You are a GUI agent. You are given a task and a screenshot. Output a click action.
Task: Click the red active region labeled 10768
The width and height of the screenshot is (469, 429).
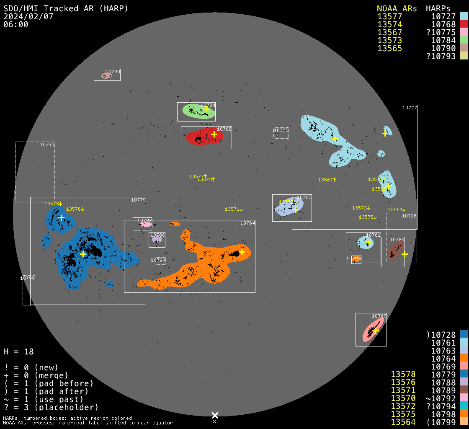tap(203, 137)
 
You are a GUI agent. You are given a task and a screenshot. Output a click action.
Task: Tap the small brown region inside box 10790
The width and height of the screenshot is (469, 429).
tap(106, 76)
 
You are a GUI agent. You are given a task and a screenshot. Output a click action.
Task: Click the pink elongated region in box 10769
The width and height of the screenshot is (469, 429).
tap(373, 330)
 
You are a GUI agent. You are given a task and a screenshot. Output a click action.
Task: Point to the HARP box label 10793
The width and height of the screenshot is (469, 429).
tap(47, 145)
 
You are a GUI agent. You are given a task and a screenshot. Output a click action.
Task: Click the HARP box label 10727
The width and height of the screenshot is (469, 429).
tap(409, 108)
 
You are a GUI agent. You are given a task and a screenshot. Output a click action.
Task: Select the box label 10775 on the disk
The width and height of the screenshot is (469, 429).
tap(281, 131)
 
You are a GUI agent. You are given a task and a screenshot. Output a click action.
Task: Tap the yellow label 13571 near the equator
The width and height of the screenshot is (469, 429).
tap(233, 209)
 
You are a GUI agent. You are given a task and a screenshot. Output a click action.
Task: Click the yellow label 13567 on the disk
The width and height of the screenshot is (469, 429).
tap(326, 180)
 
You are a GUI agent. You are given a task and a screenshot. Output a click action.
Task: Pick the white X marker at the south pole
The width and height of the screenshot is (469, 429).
tap(215, 415)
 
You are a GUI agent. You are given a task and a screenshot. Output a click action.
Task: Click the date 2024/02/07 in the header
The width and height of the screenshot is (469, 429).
tap(28, 16)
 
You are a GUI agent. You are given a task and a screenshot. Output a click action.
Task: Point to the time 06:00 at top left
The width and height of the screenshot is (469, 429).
tap(16, 24)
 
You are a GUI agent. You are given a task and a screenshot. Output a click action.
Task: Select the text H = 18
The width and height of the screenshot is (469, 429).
tap(18, 351)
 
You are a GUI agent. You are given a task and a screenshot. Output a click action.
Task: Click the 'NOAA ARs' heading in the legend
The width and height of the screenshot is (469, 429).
tap(397, 8)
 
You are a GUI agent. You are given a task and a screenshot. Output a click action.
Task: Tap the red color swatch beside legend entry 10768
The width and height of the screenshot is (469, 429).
tap(464, 24)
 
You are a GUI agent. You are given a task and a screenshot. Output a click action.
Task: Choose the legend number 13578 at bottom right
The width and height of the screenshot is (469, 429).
tap(403, 374)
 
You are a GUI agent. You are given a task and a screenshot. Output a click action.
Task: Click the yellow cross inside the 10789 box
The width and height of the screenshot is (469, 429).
tap(405, 254)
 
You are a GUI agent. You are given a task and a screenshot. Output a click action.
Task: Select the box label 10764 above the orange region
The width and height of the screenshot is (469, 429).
tap(247, 223)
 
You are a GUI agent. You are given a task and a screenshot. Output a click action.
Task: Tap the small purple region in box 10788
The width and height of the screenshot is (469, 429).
tap(157, 239)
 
